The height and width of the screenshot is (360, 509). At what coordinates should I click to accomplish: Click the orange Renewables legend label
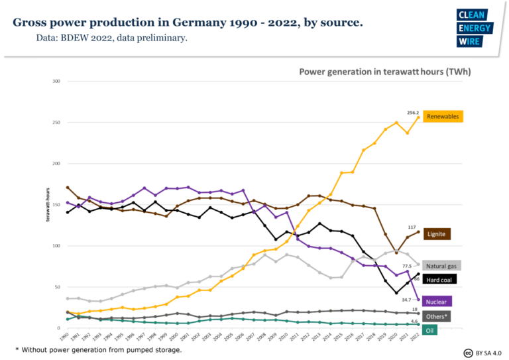(441, 117)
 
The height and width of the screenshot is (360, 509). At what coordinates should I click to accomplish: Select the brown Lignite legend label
(437, 234)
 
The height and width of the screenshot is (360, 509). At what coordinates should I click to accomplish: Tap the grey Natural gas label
(441, 265)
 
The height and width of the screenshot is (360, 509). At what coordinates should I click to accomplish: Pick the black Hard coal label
(439, 280)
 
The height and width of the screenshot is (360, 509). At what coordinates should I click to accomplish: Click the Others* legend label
(437, 316)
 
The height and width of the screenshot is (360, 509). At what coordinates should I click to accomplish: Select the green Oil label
(430, 330)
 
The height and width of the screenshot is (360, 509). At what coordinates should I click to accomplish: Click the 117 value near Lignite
(412, 227)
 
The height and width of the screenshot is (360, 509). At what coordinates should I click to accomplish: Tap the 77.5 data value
(407, 266)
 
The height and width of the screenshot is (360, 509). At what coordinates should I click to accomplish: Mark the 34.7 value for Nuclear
(407, 300)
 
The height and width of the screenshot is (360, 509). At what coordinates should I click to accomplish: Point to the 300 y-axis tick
(56, 81)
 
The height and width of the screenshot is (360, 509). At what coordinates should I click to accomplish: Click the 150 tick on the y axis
(56, 205)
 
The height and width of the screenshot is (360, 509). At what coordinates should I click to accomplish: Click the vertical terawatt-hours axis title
(48, 204)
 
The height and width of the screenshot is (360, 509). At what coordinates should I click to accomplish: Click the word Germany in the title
(182, 23)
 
